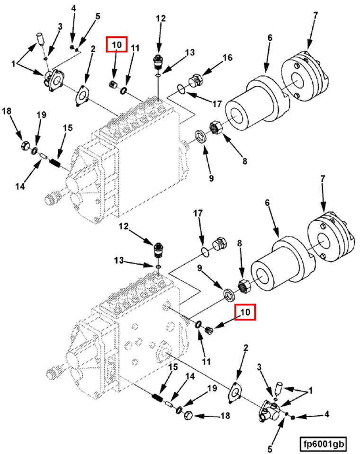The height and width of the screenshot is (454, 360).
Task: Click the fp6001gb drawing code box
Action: (x=325, y=444)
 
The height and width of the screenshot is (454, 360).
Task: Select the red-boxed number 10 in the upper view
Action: (x=117, y=45)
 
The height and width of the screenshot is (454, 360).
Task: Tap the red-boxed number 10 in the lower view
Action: (x=245, y=312)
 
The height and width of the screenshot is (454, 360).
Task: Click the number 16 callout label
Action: (x=227, y=58)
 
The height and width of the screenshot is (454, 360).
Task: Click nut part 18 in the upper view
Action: (x=25, y=146)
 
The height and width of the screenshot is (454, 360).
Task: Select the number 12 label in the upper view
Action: (x=161, y=19)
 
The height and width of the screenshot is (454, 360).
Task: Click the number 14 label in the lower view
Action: (x=189, y=376)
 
